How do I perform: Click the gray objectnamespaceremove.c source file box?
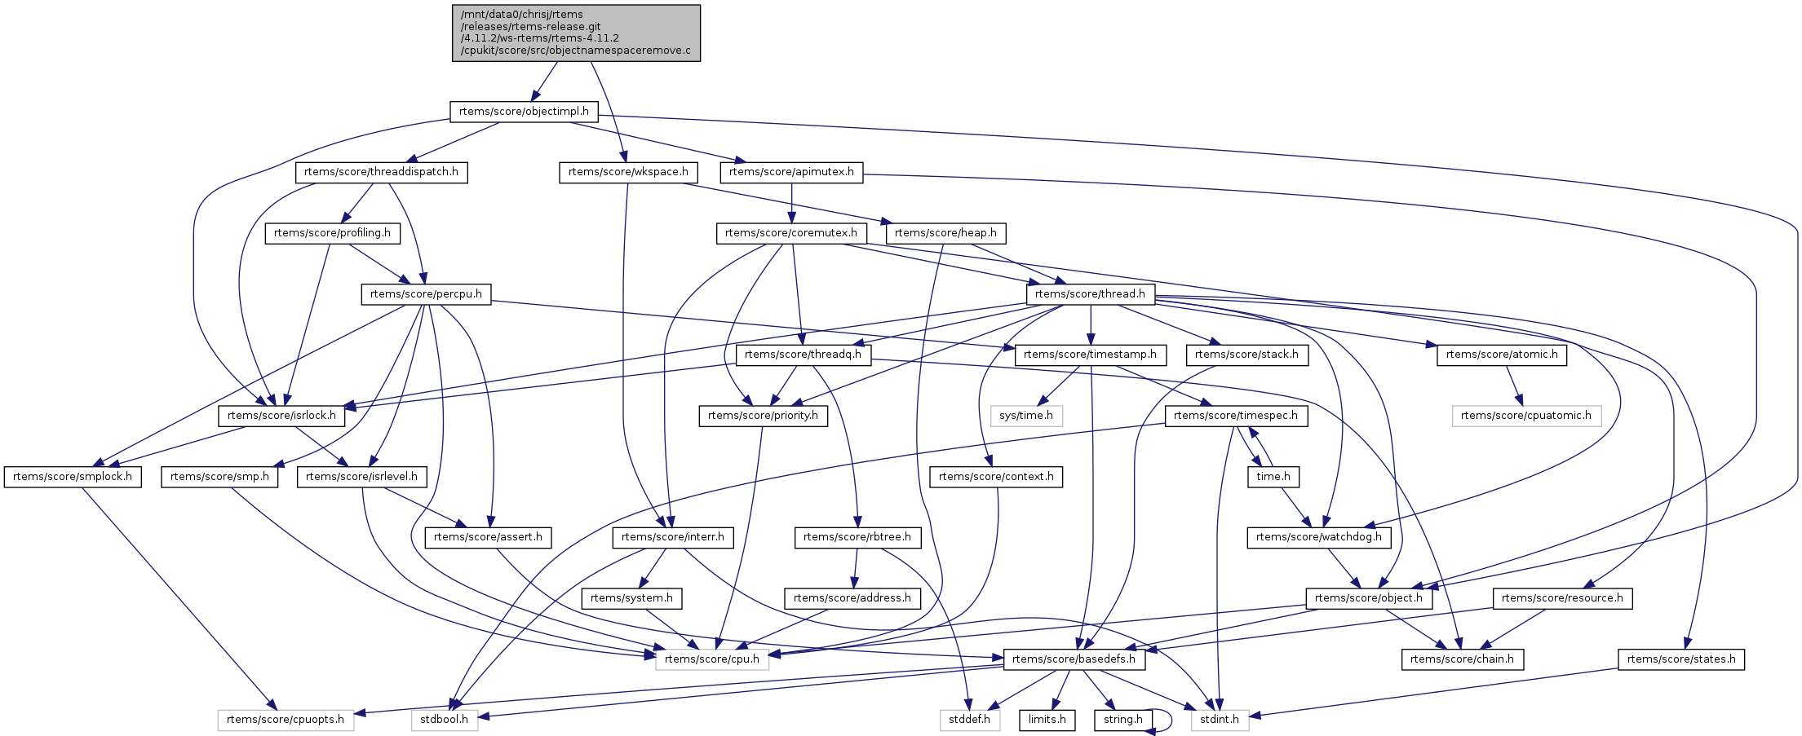pyautogui.click(x=576, y=33)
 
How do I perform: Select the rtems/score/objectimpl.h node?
pyautogui.click(x=524, y=112)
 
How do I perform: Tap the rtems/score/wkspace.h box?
pyautogui.click(x=628, y=172)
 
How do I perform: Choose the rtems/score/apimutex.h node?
pyautogui.click(x=791, y=172)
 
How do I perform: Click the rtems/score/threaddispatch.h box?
pyautogui.click(x=381, y=172)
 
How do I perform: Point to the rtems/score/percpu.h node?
pyautogui.click(x=426, y=294)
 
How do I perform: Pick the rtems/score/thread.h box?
pyautogui.click(x=1090, y=294)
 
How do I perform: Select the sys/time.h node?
pyautogui.click(x=1025, y=416)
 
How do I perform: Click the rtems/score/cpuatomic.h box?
pyautogui.click(x=1525, y=416)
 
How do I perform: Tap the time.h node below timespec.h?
pyautogui.click(x=1273, y=477)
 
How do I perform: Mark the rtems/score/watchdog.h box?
pyautogui.click(x=1319, y=537)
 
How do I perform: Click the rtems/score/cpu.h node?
pyautogui.click(x=711, y=659)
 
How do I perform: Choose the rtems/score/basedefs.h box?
pyautogui.click(x=1074, y=659)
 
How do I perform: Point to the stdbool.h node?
pyautogui.click(x=444, y=720)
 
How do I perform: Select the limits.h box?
pyautogui.click(x=1047, y=720)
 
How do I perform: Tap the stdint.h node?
pyautogui.click(x=1220, y=720)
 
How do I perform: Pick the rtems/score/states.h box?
pyautogui.click(x=1681, y=659)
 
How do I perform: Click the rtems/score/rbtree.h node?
pyautogui.click(x=857, y=537)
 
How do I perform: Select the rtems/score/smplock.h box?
pyautogui.click(x=73, y=477)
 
